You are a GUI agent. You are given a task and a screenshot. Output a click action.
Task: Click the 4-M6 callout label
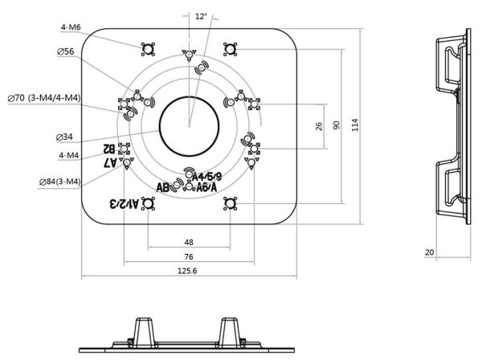tap(70, 27)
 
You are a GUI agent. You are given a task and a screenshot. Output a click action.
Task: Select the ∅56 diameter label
tap(66, 51)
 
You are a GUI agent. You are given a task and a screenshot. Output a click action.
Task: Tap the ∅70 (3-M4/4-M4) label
tap(44, 98)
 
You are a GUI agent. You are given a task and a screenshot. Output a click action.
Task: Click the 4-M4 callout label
tap(70, 154)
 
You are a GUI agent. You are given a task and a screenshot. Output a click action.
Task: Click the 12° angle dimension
tap(201, 15)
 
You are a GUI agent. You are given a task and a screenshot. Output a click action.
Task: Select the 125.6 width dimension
tap(189, 271)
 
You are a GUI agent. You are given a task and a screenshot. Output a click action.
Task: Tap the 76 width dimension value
tap(189, 256)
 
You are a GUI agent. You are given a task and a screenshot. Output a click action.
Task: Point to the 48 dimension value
tap(189, 241)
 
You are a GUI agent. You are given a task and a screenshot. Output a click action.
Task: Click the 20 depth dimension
tap(430, 252)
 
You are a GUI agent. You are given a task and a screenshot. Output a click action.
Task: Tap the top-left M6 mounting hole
tap(148, 49)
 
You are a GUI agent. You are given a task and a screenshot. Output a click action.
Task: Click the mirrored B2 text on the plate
tap(108, 149)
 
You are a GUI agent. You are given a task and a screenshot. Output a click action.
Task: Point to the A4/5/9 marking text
tap(206, 176)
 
